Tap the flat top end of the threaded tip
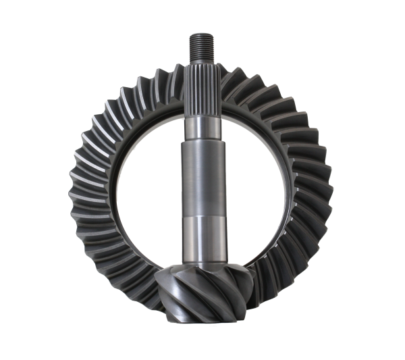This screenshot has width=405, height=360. point(202,32)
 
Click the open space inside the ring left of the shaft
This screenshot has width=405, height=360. point(145,189)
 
